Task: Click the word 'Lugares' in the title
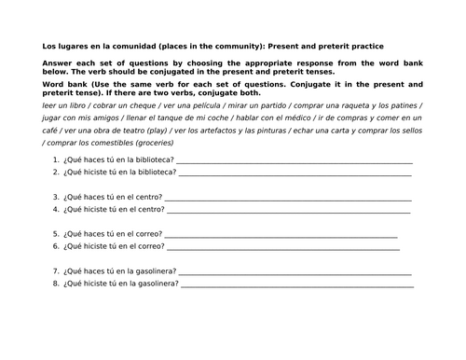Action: point(67,46)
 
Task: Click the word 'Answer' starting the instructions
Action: point(56,62)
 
